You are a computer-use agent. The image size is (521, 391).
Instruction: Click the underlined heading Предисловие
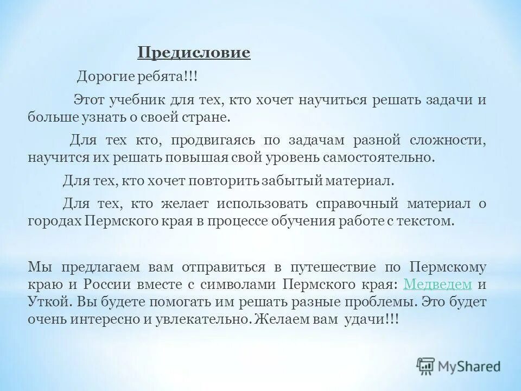tap(194, 53)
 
